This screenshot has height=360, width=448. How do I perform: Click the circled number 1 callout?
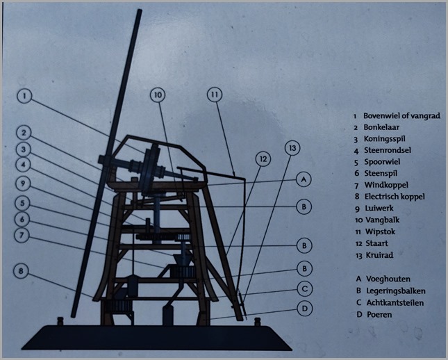[x=25, y=96]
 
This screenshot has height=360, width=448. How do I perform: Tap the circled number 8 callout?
[x=21, y=271]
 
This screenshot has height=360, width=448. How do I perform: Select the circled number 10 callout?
[x=158, y=95]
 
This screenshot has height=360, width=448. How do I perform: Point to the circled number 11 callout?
[x=215, y=95]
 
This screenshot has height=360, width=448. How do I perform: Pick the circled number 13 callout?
[x=292, y=148]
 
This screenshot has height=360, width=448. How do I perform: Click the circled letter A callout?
[x=304, y=179]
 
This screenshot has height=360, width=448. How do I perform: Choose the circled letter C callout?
[x=305, y=289]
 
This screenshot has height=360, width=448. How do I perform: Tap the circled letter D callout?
[x=305, y=309]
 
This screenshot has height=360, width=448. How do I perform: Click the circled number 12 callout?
[x=263, y=159]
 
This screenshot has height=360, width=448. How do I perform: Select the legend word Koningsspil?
[x=384, y=139]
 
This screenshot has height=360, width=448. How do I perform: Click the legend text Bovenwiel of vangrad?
[x=401, y=116]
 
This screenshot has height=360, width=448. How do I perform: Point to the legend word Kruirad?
[x=379, y=255]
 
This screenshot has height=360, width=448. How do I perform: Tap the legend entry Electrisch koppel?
[x=395, y=197]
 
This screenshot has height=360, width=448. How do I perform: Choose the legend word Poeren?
[x=379, y=315]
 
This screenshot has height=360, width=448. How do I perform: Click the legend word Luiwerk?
[x=379, y=208]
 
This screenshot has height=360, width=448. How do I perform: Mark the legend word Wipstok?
[x=380, y=231]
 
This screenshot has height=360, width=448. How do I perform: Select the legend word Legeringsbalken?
[x=396, y=291]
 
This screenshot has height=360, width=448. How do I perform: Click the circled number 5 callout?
[x=22, y=204]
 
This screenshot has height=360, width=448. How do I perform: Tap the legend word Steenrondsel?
[x=388, y=150]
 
